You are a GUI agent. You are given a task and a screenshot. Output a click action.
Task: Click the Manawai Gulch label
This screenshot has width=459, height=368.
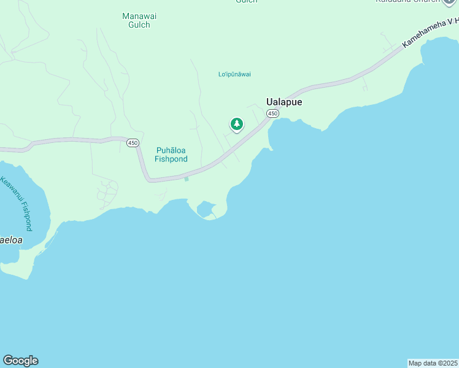(x=136, y=20)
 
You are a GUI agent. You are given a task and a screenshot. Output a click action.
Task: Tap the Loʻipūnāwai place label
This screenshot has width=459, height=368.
(x=235, y=74)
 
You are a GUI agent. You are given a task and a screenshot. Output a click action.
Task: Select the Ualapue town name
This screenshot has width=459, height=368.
(x=283, y=102)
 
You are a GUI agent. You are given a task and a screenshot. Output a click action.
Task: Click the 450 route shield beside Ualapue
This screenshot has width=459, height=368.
(x=272, y=113)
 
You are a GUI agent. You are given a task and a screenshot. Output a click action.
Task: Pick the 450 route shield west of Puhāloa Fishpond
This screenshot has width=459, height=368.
(x=133, y=143)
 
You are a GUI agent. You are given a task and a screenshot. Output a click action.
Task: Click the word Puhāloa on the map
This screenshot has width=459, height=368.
(x=171, y=150)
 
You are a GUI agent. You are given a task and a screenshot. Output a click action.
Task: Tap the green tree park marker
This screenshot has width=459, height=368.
(x=236, y=125)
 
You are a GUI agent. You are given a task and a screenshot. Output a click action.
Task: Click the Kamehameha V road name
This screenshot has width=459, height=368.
(x=430, y=33)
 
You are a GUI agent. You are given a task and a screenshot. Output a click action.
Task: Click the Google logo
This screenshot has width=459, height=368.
(x=20, y=361)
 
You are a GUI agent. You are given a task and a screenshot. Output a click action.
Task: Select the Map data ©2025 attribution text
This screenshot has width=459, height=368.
(x=433, y=363)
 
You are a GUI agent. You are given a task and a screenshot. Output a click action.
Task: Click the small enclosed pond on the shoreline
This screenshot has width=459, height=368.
(x=206, y=210)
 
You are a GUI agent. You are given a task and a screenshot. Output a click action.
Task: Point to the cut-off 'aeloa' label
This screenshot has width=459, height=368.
(x=11, y=240)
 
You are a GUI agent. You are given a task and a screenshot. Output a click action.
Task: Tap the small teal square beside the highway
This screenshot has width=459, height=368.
(x=186, y=179)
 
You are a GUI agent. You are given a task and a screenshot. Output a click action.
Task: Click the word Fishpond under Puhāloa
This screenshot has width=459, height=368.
(x=171, y=159)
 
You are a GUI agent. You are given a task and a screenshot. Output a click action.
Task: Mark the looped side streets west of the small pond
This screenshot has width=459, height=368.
(x=107, y=193)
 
